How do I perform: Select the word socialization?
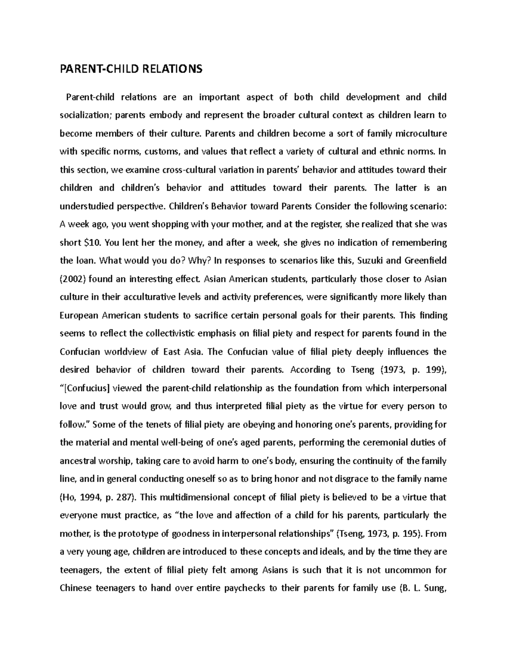tap(85, 115)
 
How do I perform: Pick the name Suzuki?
tap(371, 261)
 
